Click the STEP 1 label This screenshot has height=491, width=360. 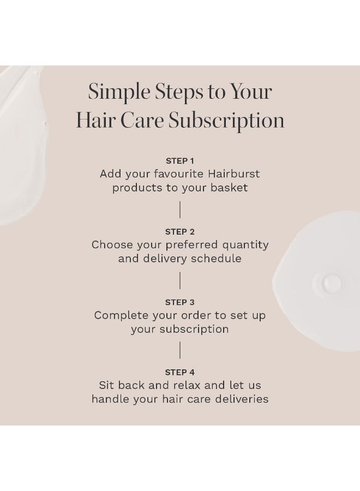tap(180, 161)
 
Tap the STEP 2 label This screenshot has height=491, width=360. tap(180, 232)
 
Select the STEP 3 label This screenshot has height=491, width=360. tap(180, 302)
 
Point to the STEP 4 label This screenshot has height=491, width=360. tap(180, 373)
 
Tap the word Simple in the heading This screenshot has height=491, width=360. tap(117, 92)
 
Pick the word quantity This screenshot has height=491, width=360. tap(243, 245)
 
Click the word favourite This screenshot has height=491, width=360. tap(176, 174)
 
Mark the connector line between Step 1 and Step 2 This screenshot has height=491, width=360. tap(180, 209)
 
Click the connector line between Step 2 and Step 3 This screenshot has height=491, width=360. tap(180, 280)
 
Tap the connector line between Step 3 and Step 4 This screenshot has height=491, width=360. tap(180, 350)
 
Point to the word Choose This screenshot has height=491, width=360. tap(111, 245)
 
